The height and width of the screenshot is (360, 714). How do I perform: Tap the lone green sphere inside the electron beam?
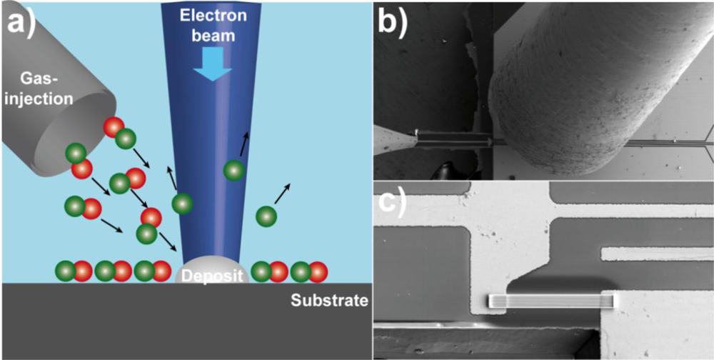pos(233,171)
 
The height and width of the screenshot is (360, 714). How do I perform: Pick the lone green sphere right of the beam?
pos(266,214)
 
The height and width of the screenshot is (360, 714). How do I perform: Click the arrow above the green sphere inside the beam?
pos(244,143)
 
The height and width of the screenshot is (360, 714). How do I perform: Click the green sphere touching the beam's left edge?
pos(182,204)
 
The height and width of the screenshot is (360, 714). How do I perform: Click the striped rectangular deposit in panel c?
pos(551,301)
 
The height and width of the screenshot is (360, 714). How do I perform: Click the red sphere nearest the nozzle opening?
pos(113,126)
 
